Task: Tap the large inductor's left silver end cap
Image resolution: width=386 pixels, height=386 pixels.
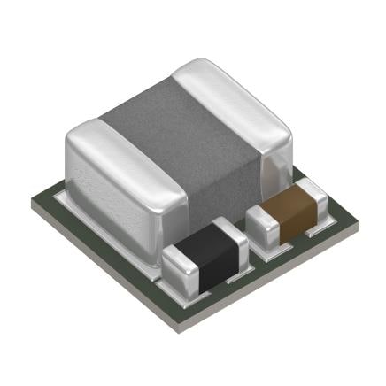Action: click(115, 186)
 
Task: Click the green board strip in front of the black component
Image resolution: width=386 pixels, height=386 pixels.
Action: click(221, 292)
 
